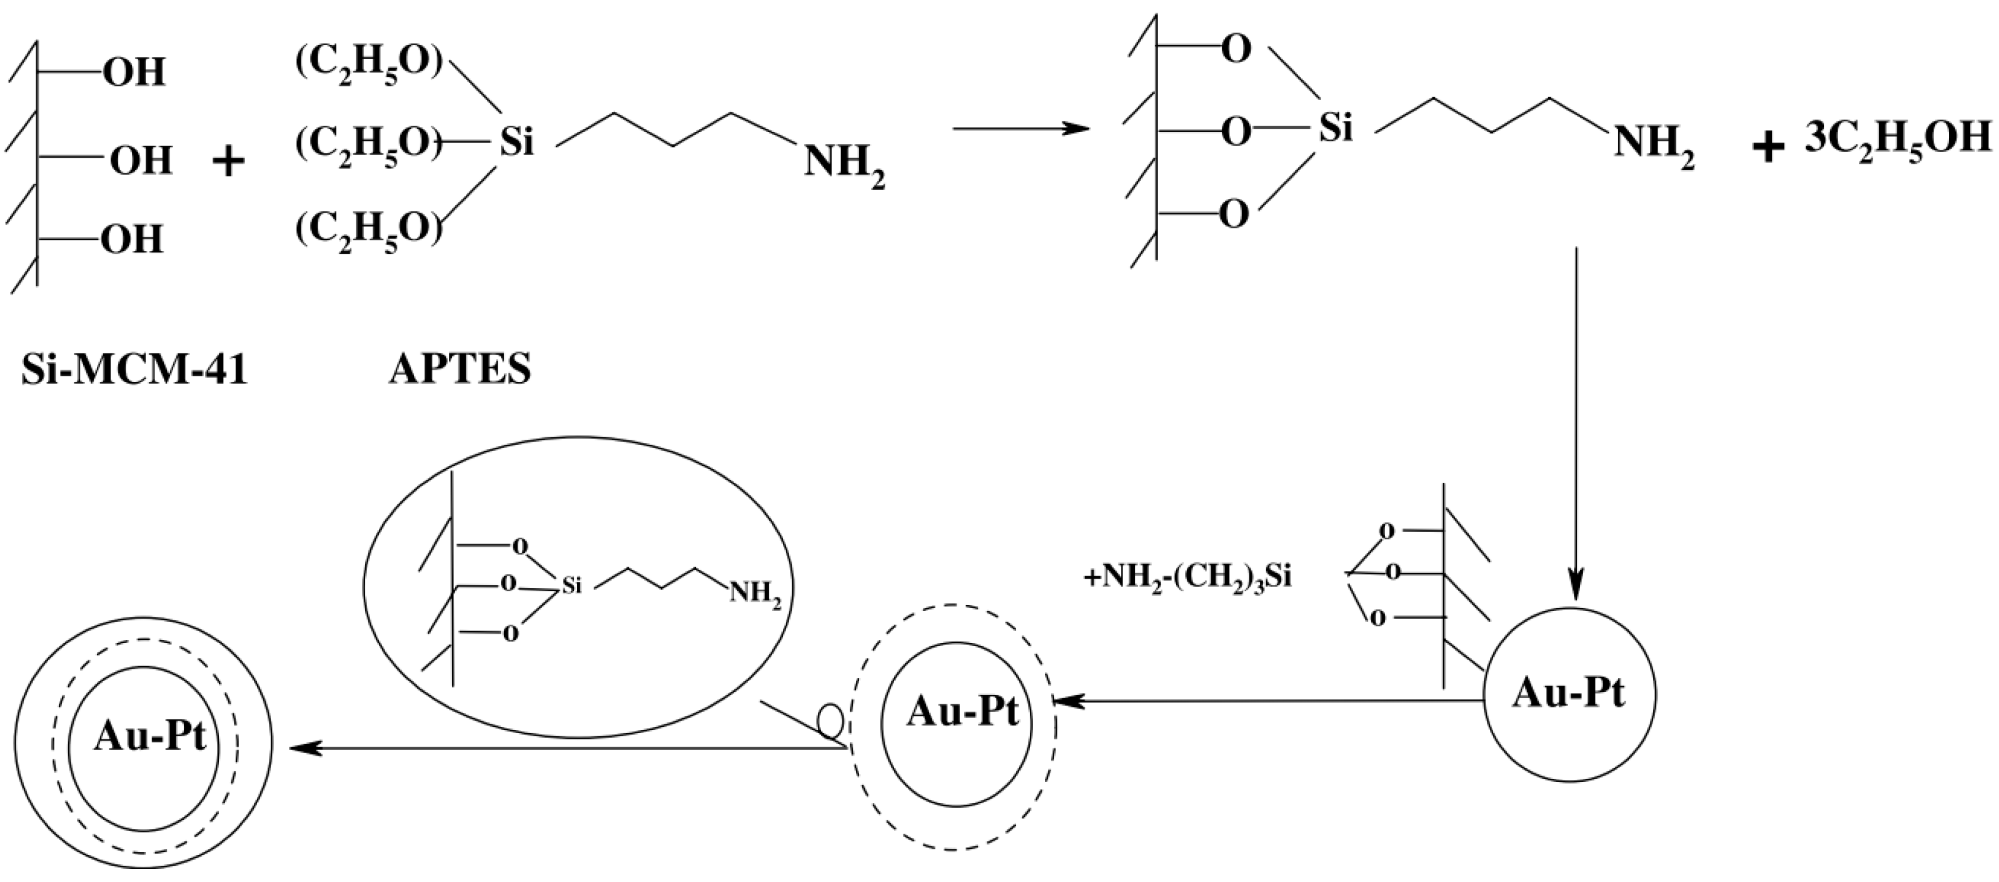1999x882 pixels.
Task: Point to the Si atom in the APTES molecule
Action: click(x=516, y=143)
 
